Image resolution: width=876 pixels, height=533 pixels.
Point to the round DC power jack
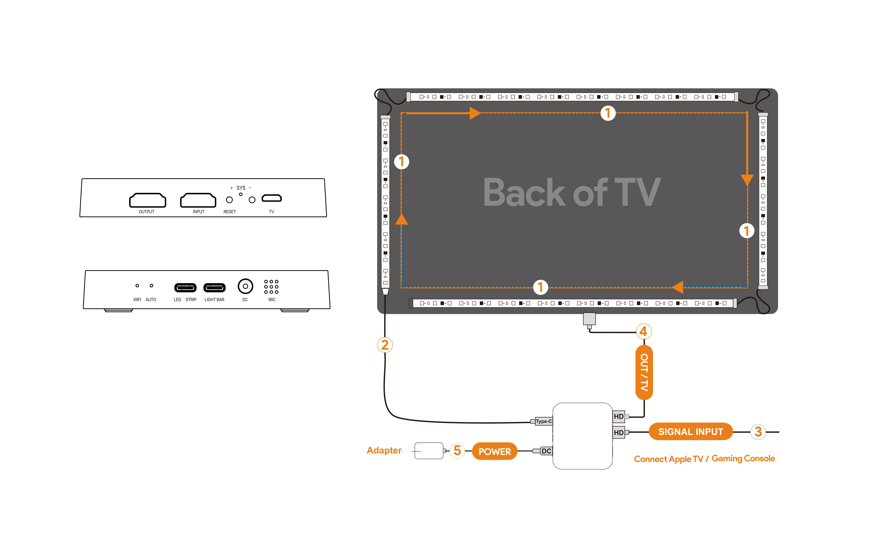pyautogui.click(x=245, y=286)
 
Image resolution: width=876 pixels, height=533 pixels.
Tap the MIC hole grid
pyautogui.click(x=271, y=287)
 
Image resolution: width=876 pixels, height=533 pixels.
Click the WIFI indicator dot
pyautogui.click(x=137, y=285)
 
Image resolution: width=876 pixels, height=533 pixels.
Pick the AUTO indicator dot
pyautogui.click(x=151, y=285)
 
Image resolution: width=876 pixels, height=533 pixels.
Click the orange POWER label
pyautogui.click(x=495, y=451)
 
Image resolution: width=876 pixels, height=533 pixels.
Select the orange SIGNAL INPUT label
pyautogui.click(x=690, y=432)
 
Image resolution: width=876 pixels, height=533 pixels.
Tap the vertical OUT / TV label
pyautogui.click(x=644, y=372)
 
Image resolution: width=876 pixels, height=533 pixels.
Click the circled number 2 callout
pyautogui.click(x=385, y=345)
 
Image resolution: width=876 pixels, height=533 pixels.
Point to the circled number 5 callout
pyautogui.click(x=457, y=451)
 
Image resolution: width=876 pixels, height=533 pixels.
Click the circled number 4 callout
pyautogui.click(x=644, y=331)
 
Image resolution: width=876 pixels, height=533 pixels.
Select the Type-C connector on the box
pyautogui.click(x=543, y=421)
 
